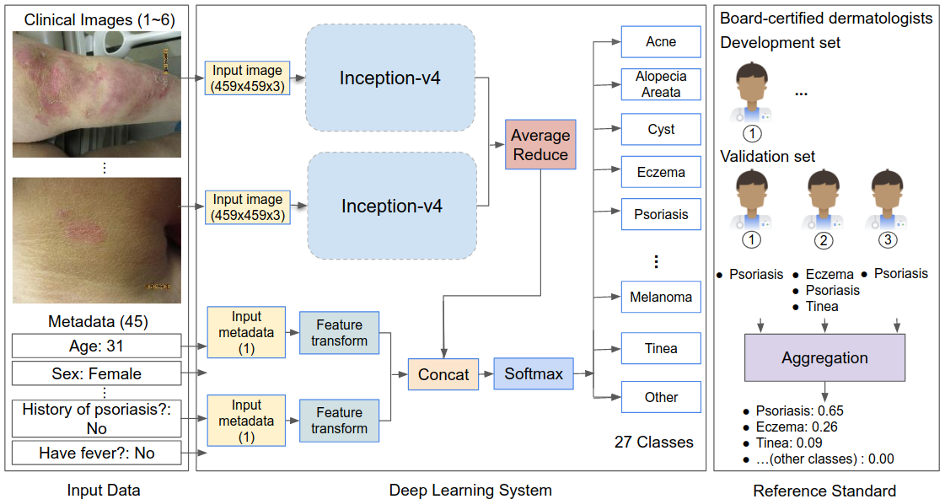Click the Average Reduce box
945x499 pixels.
coord(540,143)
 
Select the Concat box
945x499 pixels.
coord(443,374)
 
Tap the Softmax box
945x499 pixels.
coord(534,373)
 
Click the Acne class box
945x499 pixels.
coord(661,41)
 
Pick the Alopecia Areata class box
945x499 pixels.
coord(661,84)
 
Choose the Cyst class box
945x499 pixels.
coord(661,130)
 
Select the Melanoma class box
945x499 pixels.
coord(661,297)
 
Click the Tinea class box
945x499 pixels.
coord(661,348)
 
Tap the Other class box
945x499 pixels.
coord(661,397)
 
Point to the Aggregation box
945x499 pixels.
coord(824,357)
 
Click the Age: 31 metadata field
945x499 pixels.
coord(97,345)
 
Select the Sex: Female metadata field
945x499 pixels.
coord(97,373)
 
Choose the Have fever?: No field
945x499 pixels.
coord(97,453)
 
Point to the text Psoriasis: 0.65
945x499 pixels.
coord(799,411)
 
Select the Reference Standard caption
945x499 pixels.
coord(824,491)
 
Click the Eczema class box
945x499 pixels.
coord(661,172)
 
